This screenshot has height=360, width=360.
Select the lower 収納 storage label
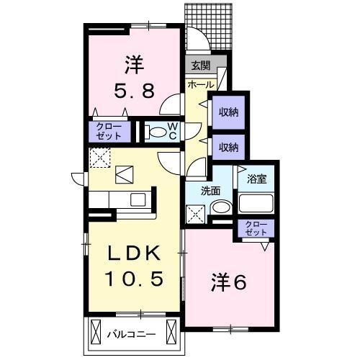point(229,147)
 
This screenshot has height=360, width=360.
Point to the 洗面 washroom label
point(211,191)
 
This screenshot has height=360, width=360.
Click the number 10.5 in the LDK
point(132,277)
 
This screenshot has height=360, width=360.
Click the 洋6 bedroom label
point(228,282)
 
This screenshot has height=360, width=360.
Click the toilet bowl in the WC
point(156,132)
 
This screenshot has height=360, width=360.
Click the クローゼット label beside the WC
point(109,131)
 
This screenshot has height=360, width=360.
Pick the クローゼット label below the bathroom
point(256,229)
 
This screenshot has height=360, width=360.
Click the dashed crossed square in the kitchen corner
point(98,158)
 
